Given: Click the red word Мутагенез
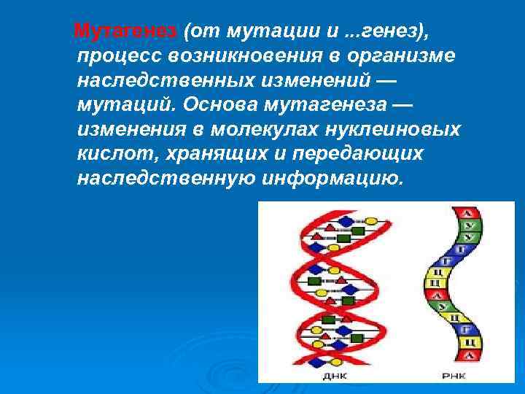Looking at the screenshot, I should click(x=125, y=31).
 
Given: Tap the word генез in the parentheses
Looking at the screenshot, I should click(x=382, y=31).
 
